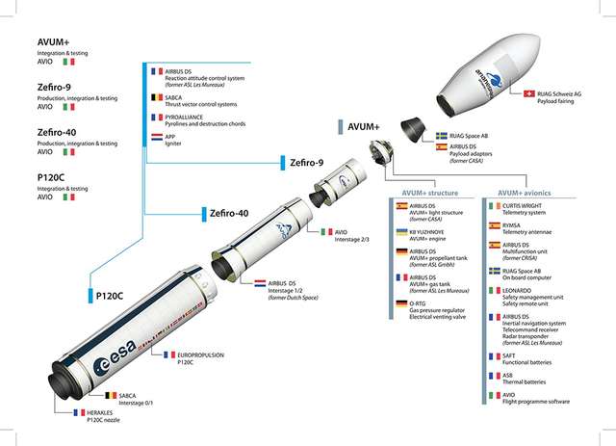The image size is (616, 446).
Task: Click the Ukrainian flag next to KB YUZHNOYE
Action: pyautogui.click(x=403, y=231)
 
